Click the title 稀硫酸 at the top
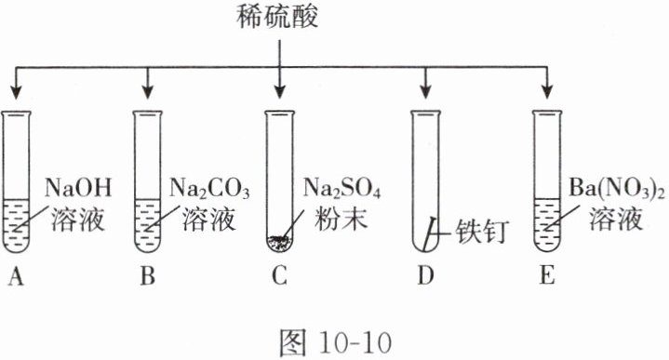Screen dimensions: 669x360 [x=278, y=17]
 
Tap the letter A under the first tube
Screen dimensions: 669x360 [x=16, y=276]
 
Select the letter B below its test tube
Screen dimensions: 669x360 [x=148, y=276]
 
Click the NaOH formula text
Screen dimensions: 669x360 [x=78, y=188]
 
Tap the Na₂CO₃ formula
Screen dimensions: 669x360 [x=209, y=189]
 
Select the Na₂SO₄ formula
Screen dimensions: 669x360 [x=341, y=189]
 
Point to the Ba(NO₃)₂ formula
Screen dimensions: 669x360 [x=617, y=189]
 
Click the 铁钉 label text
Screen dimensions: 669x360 [x=482, y=232]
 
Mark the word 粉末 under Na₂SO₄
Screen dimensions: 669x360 [x=341, y=220]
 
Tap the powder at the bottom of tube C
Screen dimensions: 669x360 [x=279, y=242]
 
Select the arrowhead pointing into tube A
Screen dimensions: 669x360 [x=16, y=92]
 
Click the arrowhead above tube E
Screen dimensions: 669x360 [x=547, y=92]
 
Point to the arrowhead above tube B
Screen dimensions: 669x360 [x=148, y=92]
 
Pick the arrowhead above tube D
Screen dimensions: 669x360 [x=425, y=92]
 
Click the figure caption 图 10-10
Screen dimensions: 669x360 [x=335, y=342]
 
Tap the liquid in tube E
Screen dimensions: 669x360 [x=547, y=224]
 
